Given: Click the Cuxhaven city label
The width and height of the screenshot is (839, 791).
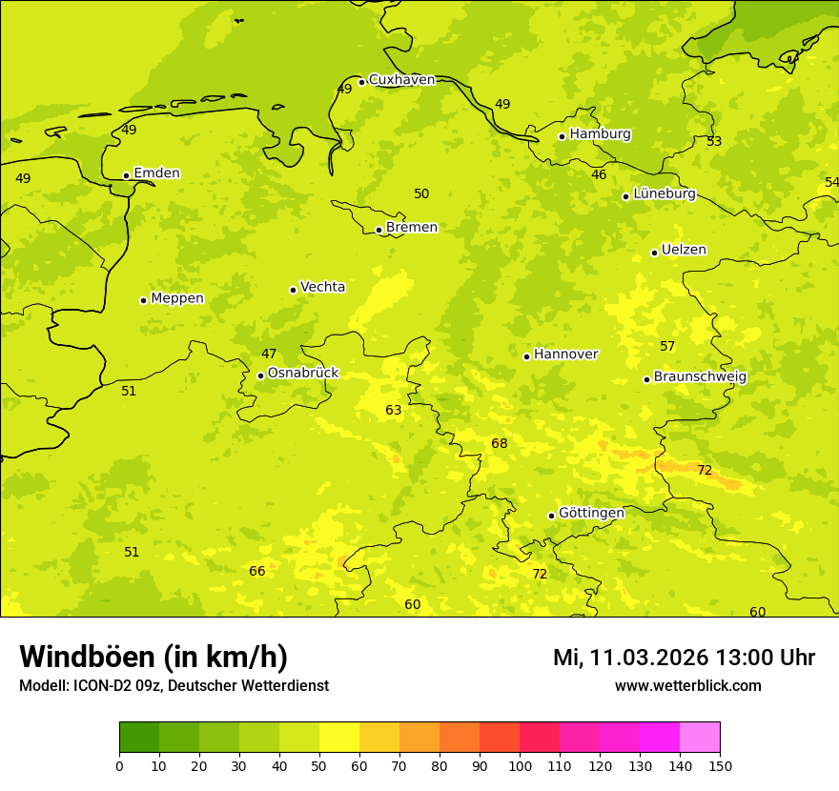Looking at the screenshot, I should point(401,80).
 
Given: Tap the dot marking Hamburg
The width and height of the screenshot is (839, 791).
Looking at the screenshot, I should point(563,136).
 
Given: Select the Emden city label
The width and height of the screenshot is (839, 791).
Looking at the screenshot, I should point(156,173).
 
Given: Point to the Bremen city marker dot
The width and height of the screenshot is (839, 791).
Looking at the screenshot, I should point(379,230).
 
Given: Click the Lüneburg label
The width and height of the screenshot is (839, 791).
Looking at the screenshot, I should point(664,193).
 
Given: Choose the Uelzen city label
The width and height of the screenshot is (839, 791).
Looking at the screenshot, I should point(684,250).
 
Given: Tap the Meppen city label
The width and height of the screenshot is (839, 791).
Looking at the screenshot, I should point(177,298).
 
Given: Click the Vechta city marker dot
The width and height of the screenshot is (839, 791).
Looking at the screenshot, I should point(293,290).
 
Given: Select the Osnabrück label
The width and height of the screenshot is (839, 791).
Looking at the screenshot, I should point(303,373).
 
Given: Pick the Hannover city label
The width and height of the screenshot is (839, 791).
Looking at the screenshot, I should point(565,355).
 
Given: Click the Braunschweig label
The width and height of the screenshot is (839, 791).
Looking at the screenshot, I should point(700,376).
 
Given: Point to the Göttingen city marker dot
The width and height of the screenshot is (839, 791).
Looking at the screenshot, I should point(551,516).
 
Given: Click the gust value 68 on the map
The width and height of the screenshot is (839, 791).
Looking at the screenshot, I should point(500,444).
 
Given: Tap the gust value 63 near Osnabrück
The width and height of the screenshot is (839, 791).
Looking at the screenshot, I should point(394,411).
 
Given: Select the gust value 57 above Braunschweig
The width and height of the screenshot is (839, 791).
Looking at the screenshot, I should point(667,347).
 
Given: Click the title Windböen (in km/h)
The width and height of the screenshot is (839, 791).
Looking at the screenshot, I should point(153,657).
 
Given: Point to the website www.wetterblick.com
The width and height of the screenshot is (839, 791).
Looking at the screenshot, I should point(687,686).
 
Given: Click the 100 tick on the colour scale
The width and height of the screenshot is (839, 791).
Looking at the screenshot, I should point(520,765).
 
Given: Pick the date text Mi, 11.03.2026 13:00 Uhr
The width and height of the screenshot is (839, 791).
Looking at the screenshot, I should point(684,658).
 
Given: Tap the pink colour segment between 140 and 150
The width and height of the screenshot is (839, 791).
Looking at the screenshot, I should point(700,738).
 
